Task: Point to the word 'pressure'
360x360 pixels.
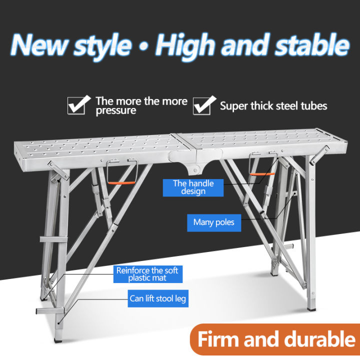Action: [115, 111]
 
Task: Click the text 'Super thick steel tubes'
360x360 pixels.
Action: [273, 106]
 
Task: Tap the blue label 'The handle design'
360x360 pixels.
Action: [193, 187]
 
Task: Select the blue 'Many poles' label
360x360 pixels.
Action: [214, 222]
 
